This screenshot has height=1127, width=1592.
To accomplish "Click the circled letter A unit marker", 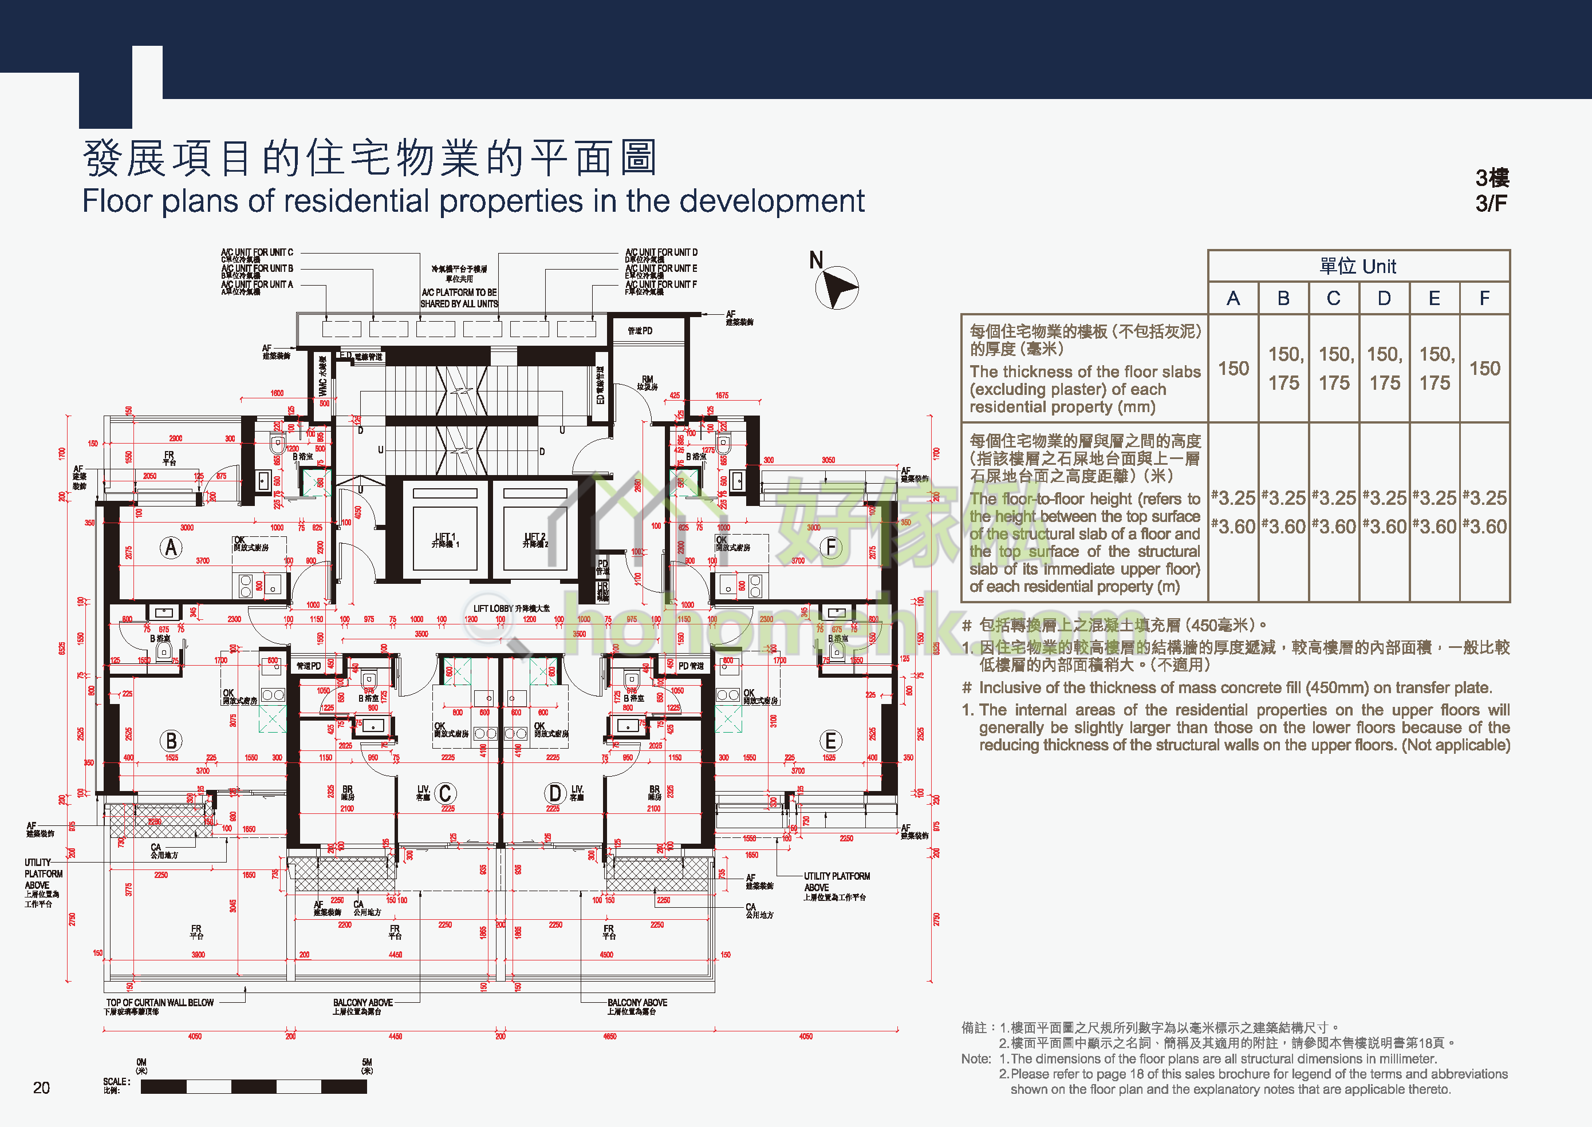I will [171, 548].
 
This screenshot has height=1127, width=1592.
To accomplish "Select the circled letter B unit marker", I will [171, 741].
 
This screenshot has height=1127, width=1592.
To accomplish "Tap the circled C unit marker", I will [445, 793].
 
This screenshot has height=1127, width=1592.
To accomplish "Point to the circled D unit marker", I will [555, 793].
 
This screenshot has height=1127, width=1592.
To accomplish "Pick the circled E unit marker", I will [830, 741].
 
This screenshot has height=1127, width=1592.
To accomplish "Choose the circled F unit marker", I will [830, 548].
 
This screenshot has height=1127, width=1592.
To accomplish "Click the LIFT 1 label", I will [445, 539].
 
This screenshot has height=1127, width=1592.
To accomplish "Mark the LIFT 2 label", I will [535, 539].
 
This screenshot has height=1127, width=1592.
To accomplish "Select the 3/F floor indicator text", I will [1491, 203].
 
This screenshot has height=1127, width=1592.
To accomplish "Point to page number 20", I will [42, 1088].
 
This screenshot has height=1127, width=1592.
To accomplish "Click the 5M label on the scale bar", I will [367, 1062].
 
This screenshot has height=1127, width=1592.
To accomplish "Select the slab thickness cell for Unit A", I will [1233, 369].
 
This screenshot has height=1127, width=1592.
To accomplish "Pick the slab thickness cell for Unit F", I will [1484, 369].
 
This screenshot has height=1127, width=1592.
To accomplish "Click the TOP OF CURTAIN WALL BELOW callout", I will [160, 1003].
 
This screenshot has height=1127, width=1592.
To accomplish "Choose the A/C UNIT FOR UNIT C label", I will [257, 252].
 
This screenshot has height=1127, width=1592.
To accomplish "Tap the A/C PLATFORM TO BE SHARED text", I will [459, 298].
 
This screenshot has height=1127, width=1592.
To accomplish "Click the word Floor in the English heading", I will [117, 201].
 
